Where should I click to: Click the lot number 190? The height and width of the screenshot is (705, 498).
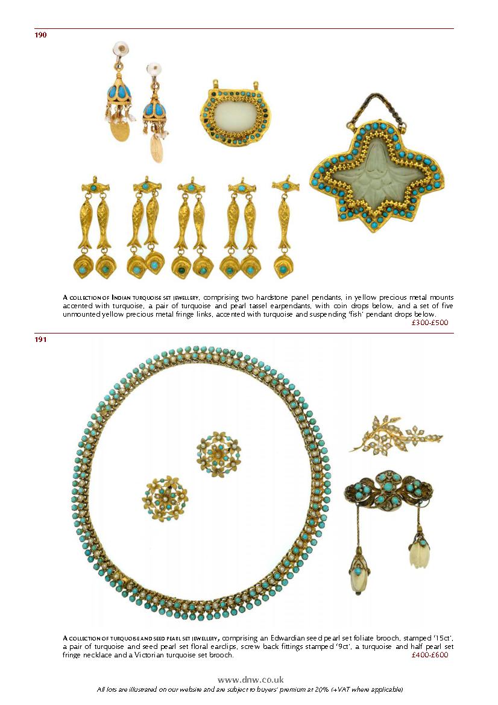pos(40,35)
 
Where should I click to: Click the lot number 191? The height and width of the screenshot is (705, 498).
pos(40,340)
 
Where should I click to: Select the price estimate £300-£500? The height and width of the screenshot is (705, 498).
pos(430,323)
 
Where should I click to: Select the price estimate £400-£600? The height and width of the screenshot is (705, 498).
pos(430,655)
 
